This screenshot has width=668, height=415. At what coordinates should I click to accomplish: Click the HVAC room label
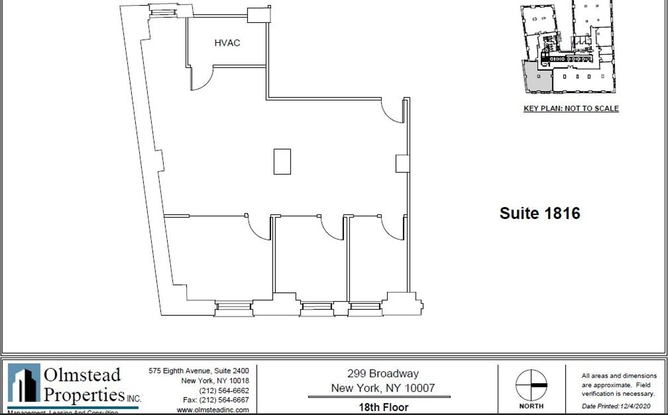pyautogui.click(x=227, y=43)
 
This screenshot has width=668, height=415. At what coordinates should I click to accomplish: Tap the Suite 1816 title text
pyautogui.click(x=539, y=213)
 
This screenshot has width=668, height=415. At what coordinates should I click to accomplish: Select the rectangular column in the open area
pyautogui.click(x=282, y=162)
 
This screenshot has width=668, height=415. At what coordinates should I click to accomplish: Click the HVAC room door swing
pyautogui.click(x=201, y=79)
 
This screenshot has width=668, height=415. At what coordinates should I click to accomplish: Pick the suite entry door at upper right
pyautogui.click(x=392, y=111)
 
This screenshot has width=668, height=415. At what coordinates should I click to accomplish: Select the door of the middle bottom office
pyautogui.click(x=332, y=227)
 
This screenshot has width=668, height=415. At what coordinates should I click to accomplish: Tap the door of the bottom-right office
pyautogui.click(x=392, y=227)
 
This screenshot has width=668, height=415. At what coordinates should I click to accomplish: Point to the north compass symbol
pyautogui.click(x=531, y=385)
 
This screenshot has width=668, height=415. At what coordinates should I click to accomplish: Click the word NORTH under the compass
pyautogui.click(x=531, y=406)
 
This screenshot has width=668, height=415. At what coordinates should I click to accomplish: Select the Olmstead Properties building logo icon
pyautogui.click(x=24, y=383)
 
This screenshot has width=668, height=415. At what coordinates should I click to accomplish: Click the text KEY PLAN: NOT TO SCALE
pyautogui.click(x=571, y=108)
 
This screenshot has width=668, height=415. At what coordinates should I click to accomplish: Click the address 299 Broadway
pyautogui.click(x=383, y=374)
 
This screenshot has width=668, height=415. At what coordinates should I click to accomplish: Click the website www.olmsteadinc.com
pyautogui.click(x=212, y=410)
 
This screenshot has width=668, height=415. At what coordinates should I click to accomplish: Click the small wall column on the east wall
pyautogui.click(x=402, y=163)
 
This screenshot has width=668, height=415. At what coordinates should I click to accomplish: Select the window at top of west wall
pyautogui.click(x=163, y=10)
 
